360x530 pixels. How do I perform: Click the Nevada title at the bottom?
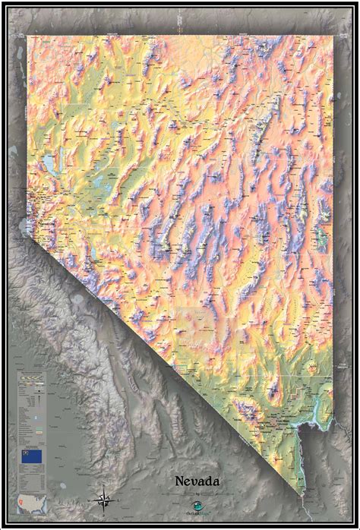point(197,481)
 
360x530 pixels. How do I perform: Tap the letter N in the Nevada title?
point(181,481)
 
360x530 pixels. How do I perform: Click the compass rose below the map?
point(105,499)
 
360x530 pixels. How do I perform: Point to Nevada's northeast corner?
point(332,36)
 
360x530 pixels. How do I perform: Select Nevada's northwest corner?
point(28,36)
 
